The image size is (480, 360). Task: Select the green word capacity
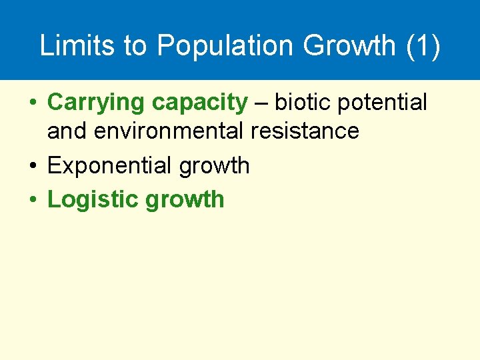click(x=199, y=103)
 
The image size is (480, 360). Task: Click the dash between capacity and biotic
click(x=261, y=103)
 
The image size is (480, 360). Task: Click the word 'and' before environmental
click(x=67, y=131)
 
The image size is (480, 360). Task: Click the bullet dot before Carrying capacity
click(x=32, y=103)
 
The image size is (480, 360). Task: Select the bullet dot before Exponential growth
click(x=32, y=166)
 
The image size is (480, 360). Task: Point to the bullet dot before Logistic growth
click(x=32, y=199)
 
